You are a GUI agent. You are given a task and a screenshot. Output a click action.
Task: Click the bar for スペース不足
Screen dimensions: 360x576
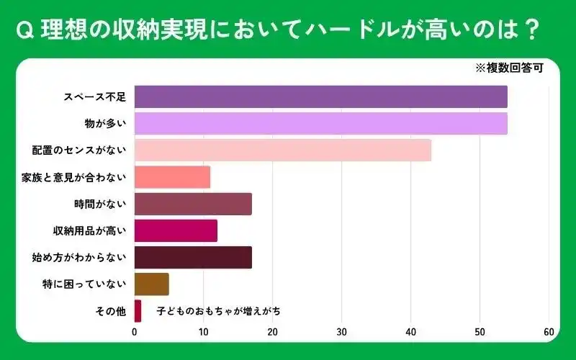tap(320, 96)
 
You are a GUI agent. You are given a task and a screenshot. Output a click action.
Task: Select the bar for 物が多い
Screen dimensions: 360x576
tap(320, 123)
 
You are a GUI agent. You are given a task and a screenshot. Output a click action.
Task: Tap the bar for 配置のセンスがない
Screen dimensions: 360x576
tap(282, 150)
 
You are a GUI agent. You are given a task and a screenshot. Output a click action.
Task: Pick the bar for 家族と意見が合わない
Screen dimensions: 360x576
tap(172, 177)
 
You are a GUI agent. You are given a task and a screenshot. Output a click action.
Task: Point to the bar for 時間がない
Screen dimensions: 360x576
tap(193, 204)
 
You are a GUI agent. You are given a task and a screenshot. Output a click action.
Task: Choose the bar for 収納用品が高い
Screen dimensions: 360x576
tap(176, 230)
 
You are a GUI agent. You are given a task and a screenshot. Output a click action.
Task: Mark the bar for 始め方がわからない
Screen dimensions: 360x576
tap(193, 257)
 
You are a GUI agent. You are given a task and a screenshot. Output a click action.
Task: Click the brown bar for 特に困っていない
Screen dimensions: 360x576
tap(152, 284)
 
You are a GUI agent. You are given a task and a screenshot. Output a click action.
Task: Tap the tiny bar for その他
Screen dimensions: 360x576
tap(138, 311)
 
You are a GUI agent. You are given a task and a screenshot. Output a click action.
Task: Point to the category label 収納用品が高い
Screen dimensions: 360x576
tap(90, 230)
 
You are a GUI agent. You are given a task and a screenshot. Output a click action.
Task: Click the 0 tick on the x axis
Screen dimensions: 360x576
tap(135, 332)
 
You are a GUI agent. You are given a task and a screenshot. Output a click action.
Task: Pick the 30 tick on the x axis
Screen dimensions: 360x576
tap(342, 332)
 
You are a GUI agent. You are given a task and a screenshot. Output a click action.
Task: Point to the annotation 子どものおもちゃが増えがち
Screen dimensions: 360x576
tap(219, 311)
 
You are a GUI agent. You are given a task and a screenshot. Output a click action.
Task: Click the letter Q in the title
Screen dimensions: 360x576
tap(24, 30)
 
